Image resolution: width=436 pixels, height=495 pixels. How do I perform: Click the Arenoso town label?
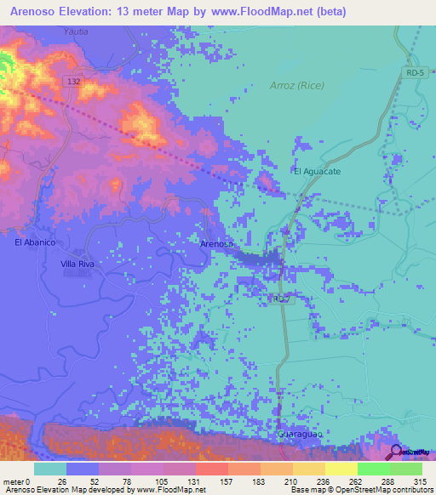coord(216,244)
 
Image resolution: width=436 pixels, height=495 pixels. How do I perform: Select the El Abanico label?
coord(35,242)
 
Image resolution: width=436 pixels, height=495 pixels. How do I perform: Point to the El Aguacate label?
coord(317,172)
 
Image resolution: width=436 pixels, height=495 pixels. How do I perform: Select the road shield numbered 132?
coord(74,81)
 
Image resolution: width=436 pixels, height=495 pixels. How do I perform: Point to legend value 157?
coord(227,481)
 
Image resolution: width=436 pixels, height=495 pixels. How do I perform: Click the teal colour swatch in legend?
coord(50,469)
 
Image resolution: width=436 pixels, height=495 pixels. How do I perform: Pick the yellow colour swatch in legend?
coord(341,469)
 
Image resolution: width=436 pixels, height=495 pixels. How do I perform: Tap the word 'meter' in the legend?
coord(12,481)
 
